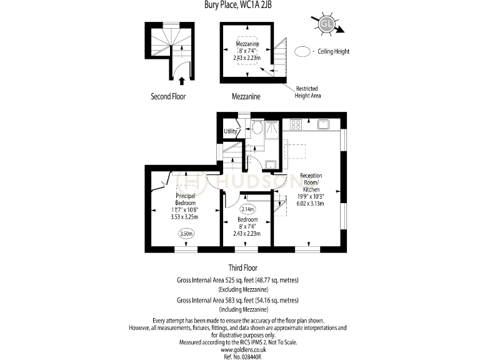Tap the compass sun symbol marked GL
326,24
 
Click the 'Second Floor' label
168,96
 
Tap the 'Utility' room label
231,131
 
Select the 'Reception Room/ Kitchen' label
311,182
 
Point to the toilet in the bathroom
257,128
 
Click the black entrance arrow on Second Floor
182,80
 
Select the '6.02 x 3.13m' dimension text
311,203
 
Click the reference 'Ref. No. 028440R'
240,356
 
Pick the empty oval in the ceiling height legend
302,52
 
